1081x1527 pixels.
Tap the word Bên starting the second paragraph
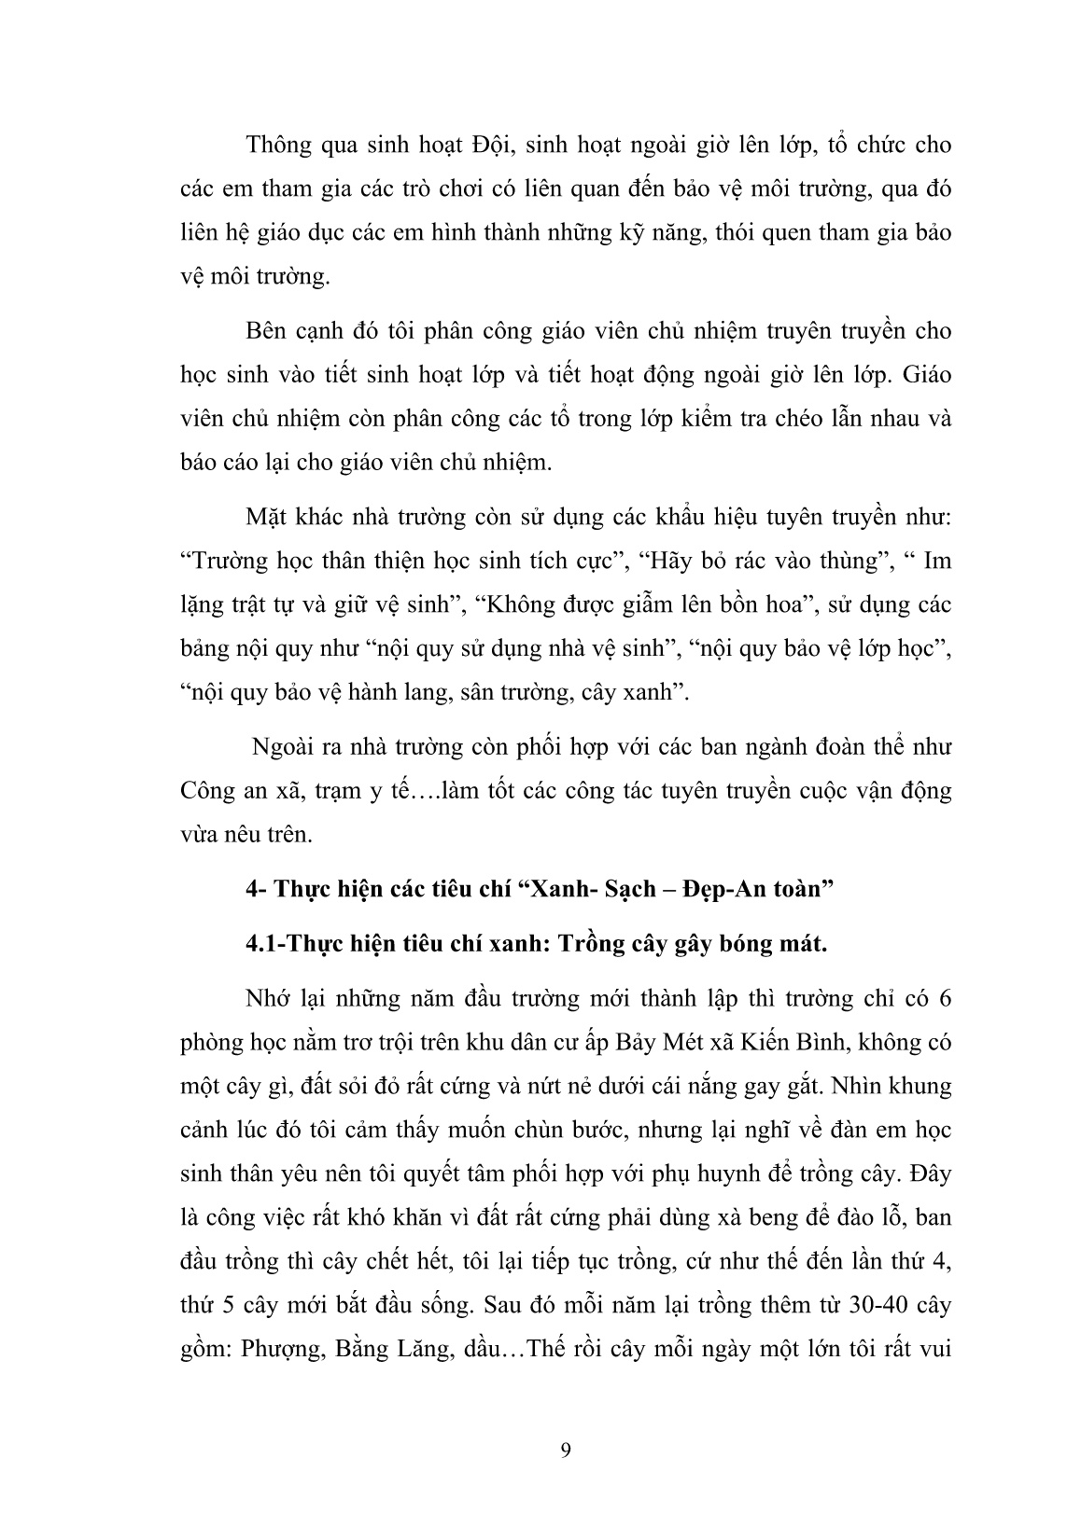pyautogui.click(x=268, y=331)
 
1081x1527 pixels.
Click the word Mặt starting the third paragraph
pyautogui.click(x=268, y=517)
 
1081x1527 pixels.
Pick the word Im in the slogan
pyautogui.click(x=936, y=561)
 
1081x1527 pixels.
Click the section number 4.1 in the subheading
pyautogui.click(x=262, y=943)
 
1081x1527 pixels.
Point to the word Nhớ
pyautogui.click(x=269, y=999)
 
